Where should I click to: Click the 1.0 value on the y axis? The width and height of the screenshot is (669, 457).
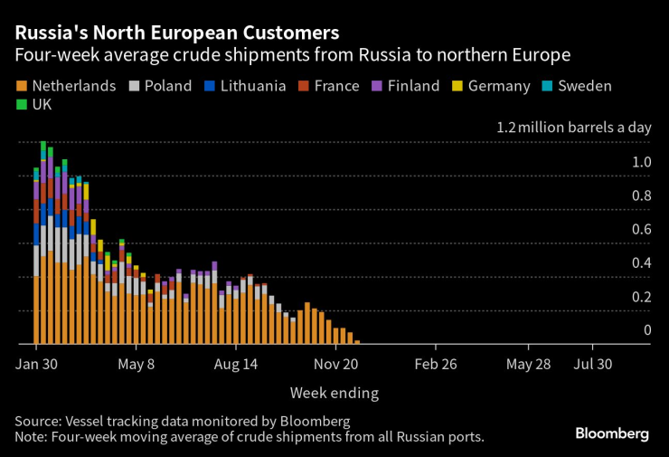point(641,162)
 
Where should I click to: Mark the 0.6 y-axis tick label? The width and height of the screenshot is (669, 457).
point(641,229)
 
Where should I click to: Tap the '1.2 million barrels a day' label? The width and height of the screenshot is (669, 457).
point(573,127)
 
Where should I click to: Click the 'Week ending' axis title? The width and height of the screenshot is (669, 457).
point(334,393)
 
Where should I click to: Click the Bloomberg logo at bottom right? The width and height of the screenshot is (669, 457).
point(612,434)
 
